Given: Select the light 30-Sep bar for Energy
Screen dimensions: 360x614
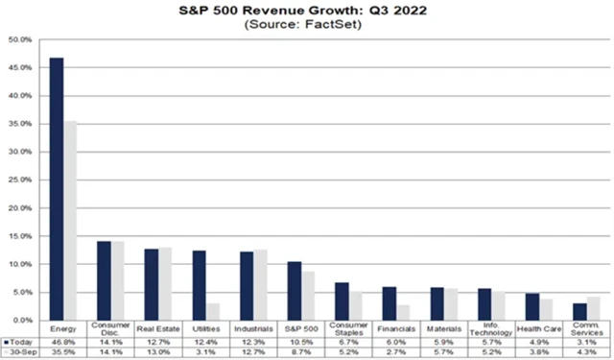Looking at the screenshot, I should [70, 220].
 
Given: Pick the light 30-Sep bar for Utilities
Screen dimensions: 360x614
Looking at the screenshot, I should [213, 311].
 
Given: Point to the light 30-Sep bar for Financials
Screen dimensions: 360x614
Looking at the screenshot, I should [403, 312].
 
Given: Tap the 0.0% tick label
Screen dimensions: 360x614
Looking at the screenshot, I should [20, 320].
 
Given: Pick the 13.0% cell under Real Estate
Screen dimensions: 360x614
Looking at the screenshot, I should [158, 351].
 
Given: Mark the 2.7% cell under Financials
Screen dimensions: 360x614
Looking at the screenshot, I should [395, 351].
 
